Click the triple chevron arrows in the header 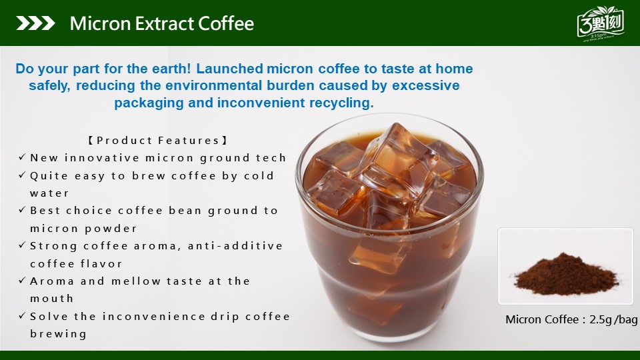[x=35, y=23]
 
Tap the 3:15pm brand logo [x=601, y=24]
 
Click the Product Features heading [x=158, y=141]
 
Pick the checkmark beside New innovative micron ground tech [x=23, y=157]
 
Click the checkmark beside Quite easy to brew [x=23, y=175]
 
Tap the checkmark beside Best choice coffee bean [x=23, y=210]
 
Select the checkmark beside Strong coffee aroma [x=23, y=245]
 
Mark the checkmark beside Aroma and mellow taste [x=23, y=281]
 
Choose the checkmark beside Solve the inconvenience [x=23, y=316]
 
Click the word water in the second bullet [x=49, y=193]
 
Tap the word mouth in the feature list [x=51, y=299]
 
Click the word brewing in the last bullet [x=59, y=334]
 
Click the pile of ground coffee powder [x=566, y=275]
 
